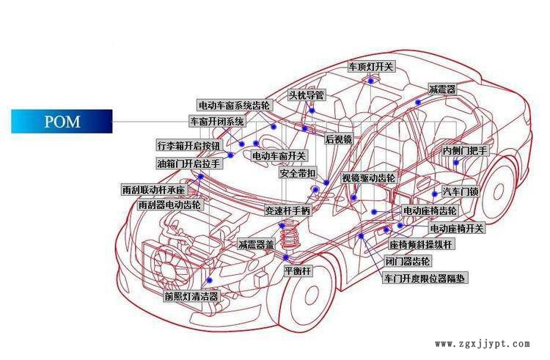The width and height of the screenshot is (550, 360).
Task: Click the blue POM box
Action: pyautogui.click(x=62, y=121)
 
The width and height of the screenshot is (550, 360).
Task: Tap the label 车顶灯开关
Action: pyautogui.click(x=372, y=67)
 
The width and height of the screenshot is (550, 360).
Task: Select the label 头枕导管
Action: pyautogui.click(x=307, y=95)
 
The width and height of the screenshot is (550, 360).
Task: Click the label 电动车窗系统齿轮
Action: pyautogui.click(x=235, y=105)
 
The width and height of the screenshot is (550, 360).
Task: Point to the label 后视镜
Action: pyautogui.click(x=338, y=139)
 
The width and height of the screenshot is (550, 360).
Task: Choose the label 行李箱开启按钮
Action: pyautogui.click(x=188, y=145)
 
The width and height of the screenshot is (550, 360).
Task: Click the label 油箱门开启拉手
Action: pyautogui.click(x=188, y=164)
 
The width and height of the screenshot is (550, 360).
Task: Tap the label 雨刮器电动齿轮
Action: pyautogui.click(x=170, y=205)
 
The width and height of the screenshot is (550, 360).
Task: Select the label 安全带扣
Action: pyautogui.click(x=298, y=173)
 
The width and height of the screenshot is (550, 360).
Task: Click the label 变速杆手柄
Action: pyautogui.click(x=288, y=210)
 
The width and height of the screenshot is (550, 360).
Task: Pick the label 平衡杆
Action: pyautogui.click(x=298, y=271)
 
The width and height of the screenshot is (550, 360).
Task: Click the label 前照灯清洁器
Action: pyautogui.click(x=192, y=296)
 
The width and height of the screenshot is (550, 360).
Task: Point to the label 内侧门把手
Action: pyautogui.click(x=465, y=151)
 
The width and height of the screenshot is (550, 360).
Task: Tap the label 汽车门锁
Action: pyautogui.click(x=461, y=192)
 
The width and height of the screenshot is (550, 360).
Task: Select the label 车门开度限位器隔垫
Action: pyautogui.click(x=425, y=279)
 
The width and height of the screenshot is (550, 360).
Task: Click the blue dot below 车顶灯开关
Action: pyautogui.click(x=371, y=81)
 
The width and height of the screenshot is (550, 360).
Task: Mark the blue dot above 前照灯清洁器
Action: pyautogui.click(x=210, y=280)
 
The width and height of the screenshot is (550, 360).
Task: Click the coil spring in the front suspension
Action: pyautogui.click(x=288, y=235)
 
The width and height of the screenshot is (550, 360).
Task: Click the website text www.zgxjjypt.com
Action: pyautogui.click(x=483, y=344)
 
